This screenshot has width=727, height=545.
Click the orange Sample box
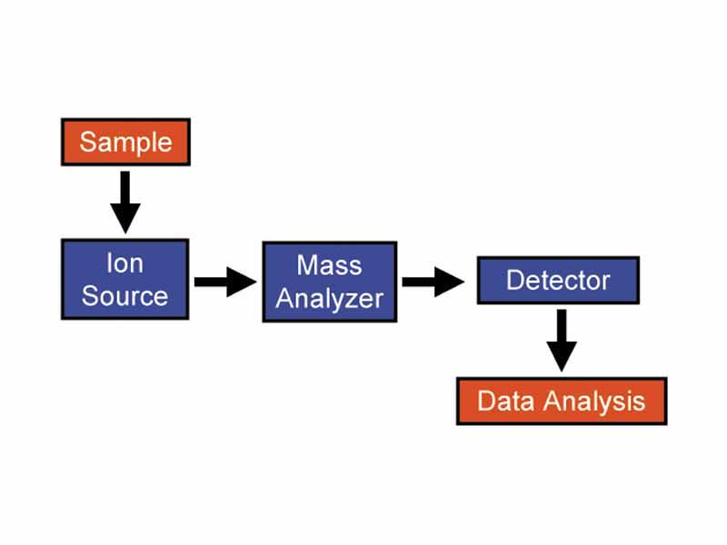125,142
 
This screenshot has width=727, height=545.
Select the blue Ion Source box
125,280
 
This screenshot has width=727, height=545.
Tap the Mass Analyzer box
329,282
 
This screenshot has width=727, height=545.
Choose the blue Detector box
558,280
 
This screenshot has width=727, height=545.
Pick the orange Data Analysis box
561,401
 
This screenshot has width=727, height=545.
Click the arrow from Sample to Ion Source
125,201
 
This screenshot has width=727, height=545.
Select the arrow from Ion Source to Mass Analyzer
225,282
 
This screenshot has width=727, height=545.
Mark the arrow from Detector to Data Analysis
562,339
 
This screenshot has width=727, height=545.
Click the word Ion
124,264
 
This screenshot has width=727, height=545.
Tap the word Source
125,296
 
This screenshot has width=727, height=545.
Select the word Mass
329,266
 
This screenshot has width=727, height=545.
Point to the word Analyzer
329,298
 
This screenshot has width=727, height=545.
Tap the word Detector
558,280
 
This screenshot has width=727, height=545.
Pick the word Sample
125,142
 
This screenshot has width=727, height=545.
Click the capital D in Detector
514,280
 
